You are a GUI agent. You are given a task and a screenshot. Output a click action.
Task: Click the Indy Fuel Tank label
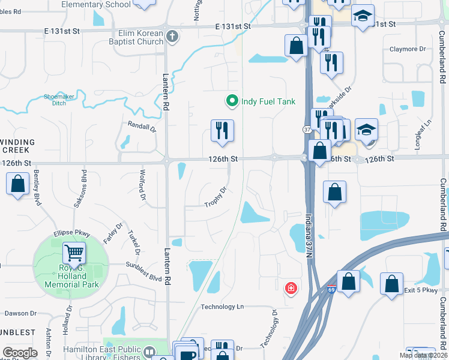coord(268,101)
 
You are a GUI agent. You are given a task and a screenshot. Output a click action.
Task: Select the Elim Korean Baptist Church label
coord(133,37)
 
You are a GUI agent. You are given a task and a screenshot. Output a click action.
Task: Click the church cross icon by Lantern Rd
coord(172,37)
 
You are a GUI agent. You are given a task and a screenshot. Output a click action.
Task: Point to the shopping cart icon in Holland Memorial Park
coord(74,254)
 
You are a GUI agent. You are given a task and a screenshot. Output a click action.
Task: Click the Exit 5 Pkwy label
coord(423,290)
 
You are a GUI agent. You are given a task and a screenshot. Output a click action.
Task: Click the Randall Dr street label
coord(142,127)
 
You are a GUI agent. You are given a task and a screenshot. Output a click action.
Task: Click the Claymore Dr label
coord(408,49)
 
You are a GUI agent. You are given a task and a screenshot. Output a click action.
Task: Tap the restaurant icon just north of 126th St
coord(222,130)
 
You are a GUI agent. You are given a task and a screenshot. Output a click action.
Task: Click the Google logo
coord(20,352)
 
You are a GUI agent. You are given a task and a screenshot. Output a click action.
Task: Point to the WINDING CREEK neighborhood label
coord(19,145)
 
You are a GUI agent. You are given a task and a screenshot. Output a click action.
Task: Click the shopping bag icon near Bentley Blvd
coord(18,184)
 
